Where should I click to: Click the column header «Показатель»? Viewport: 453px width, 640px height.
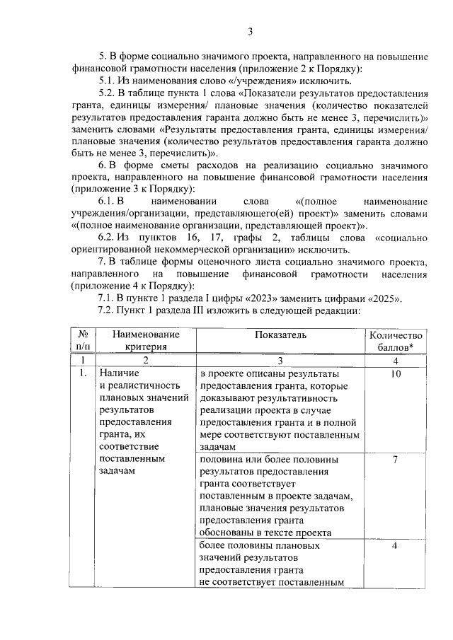279,334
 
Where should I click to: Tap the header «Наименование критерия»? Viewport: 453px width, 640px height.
144,340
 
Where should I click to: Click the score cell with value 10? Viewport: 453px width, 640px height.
396,373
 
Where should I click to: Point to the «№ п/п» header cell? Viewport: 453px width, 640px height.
84,340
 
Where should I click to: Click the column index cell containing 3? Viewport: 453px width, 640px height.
279,360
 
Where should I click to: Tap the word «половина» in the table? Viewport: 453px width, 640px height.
222,460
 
